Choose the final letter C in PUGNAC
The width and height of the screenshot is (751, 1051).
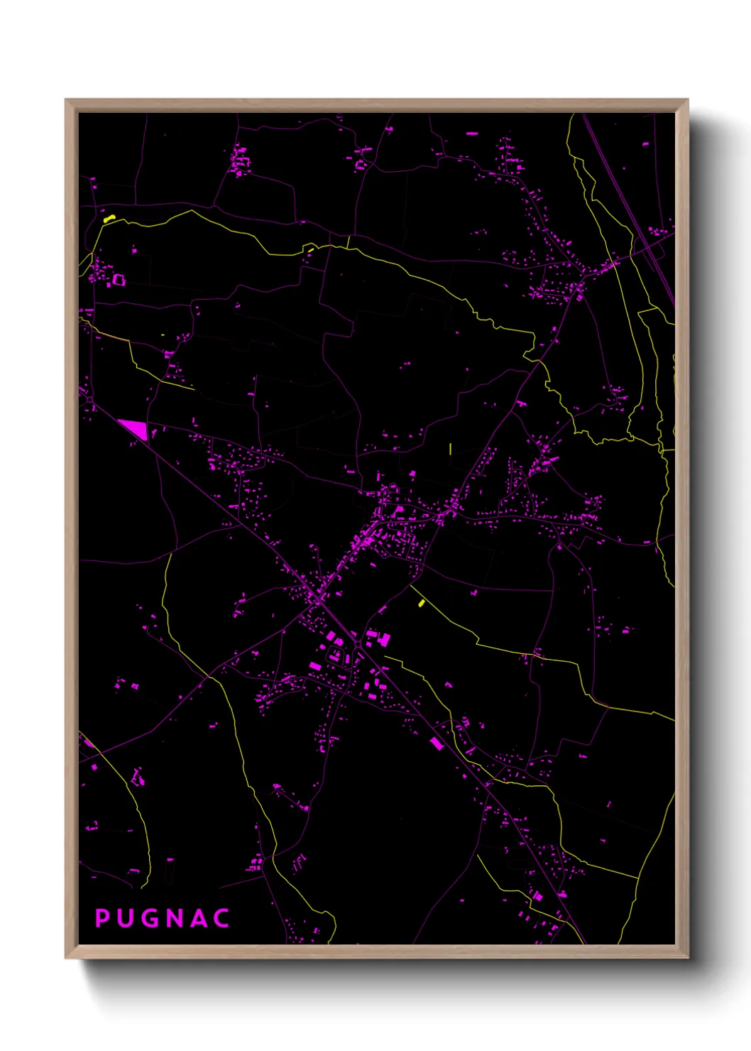click(x=222, y=918)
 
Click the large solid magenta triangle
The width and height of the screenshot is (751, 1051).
click(x=135, y=428)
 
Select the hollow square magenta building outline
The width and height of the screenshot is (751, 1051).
click(x=119, y=280)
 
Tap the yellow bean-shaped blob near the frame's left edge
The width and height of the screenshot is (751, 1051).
click(x=109, y=219)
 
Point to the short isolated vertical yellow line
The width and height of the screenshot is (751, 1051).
click(x=451, y=449)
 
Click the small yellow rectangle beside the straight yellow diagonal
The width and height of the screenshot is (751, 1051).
click(x=422, y=603)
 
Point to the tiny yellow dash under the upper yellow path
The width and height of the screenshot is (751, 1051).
click(x=310, y=250)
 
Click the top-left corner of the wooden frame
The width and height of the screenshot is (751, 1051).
click(x=66, y=100)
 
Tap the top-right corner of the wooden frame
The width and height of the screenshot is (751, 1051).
click(x=687, y=100)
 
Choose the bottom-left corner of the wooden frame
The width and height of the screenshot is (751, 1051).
click(x=66, y=957)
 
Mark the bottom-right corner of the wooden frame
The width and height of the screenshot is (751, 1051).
click(x=687, y=957)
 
